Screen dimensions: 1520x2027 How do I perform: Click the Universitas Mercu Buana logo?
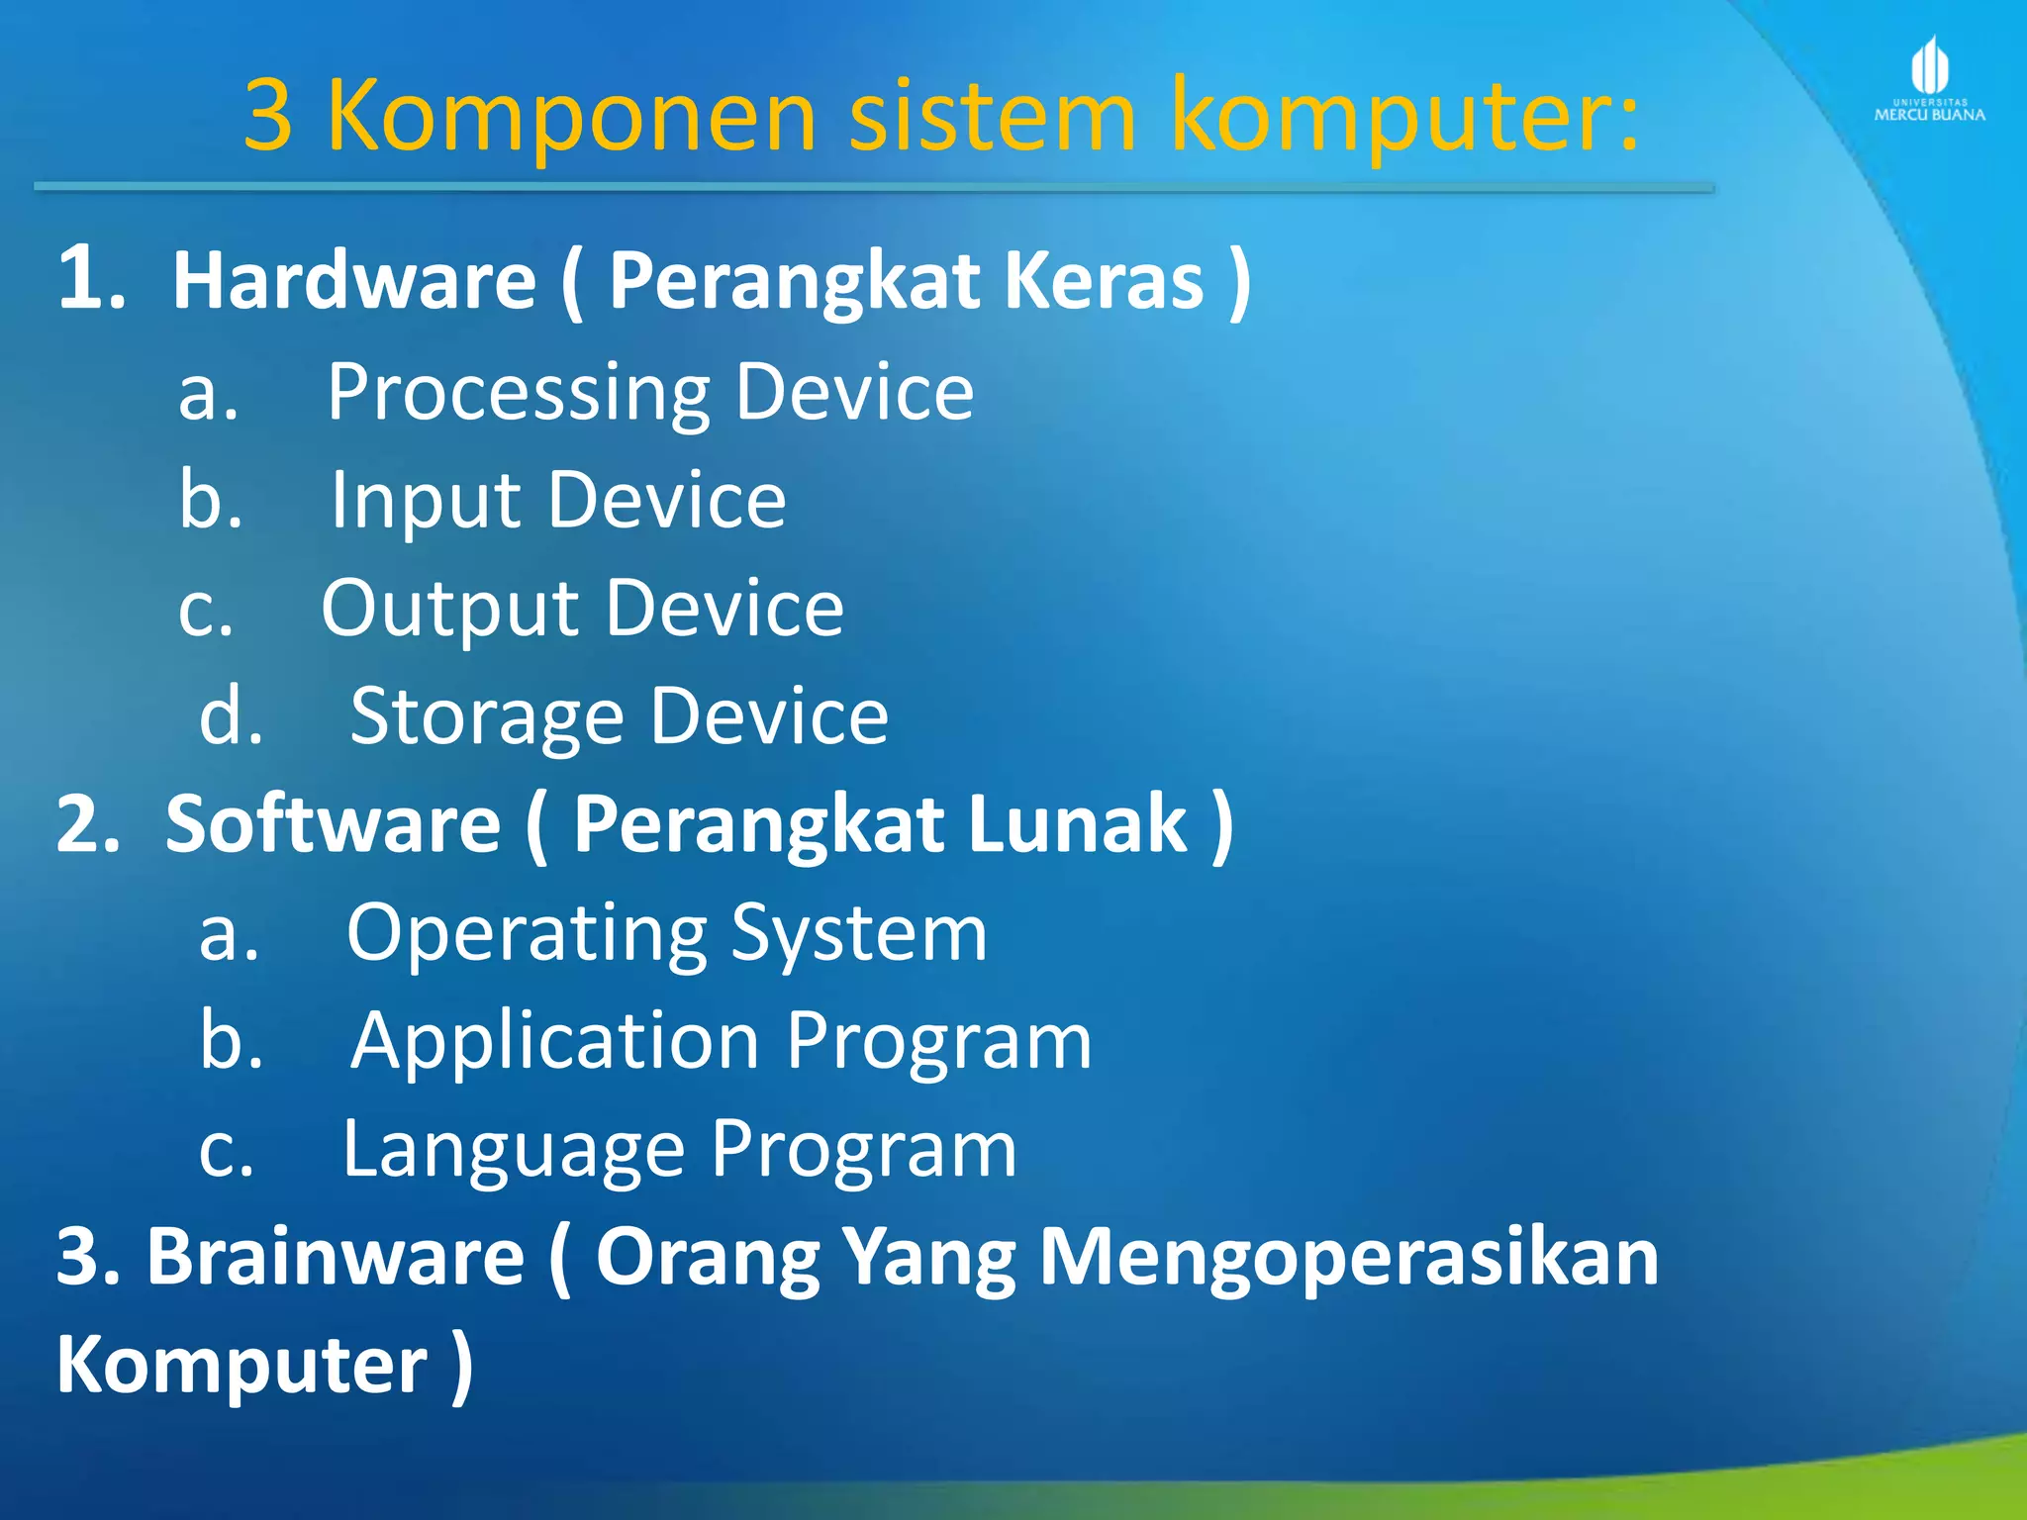(x=1929, y=79)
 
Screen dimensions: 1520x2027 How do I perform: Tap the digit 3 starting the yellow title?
(x=268, y=117)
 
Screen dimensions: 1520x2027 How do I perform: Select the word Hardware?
(x=354, y=281)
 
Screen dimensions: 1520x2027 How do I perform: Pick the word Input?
(x=426, y=503)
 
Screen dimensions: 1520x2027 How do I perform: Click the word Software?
(x=333, y=824)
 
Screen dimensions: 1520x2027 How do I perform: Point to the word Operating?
(x=526, y=934)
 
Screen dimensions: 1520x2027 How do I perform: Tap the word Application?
(x=554, y=1042)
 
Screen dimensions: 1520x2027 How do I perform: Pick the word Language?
(x=513, y=1151)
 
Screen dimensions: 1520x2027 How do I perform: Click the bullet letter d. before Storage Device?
(x=231, y=716)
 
